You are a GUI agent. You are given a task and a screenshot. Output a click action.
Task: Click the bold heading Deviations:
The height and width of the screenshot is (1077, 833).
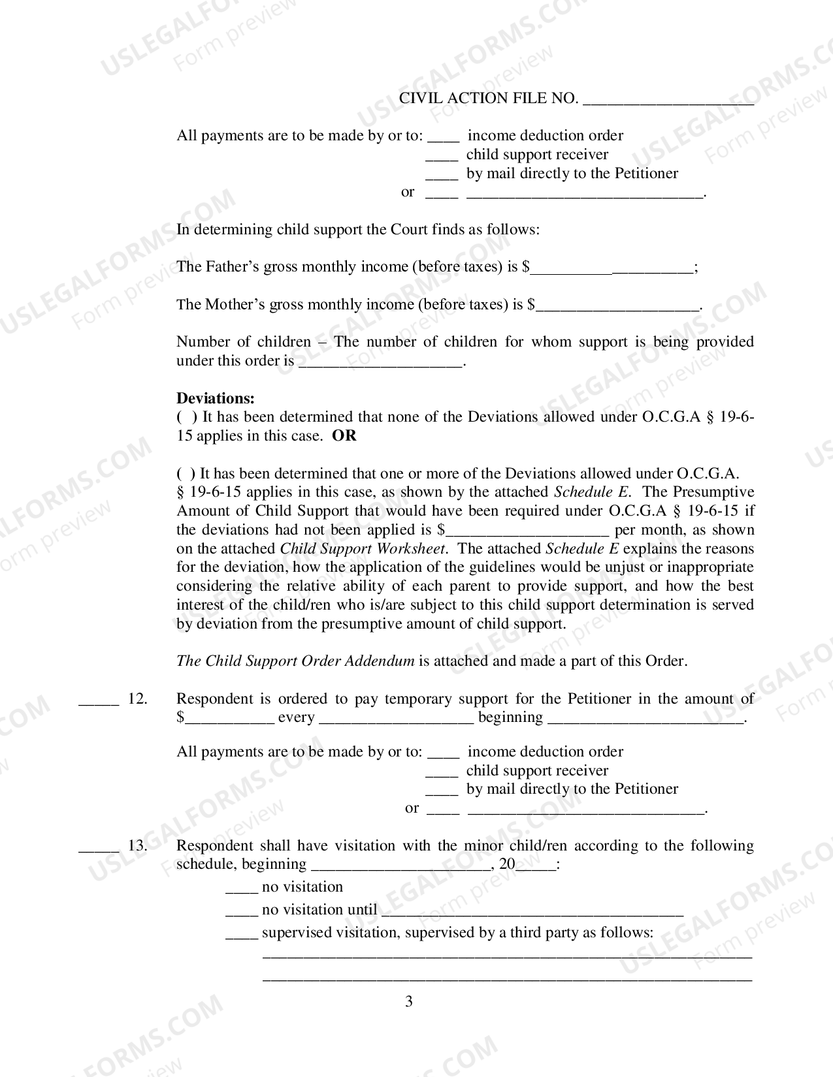[x=216, y=398]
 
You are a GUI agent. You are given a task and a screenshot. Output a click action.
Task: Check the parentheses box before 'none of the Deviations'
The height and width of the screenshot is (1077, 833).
[x=186, y=417]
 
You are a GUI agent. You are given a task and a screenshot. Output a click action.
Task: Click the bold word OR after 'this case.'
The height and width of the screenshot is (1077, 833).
[x=344, y=436]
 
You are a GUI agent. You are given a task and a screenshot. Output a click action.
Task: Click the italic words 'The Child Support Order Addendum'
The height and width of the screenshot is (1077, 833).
[x=295, y=661]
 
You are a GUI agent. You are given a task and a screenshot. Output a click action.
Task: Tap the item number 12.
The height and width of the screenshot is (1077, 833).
[x=137, y=699]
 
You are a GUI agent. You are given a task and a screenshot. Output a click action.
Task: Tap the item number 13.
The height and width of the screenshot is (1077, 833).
[x=137, y=846]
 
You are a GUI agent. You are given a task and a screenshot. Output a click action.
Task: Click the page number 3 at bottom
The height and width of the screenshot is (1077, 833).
[x=409, y=1002]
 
